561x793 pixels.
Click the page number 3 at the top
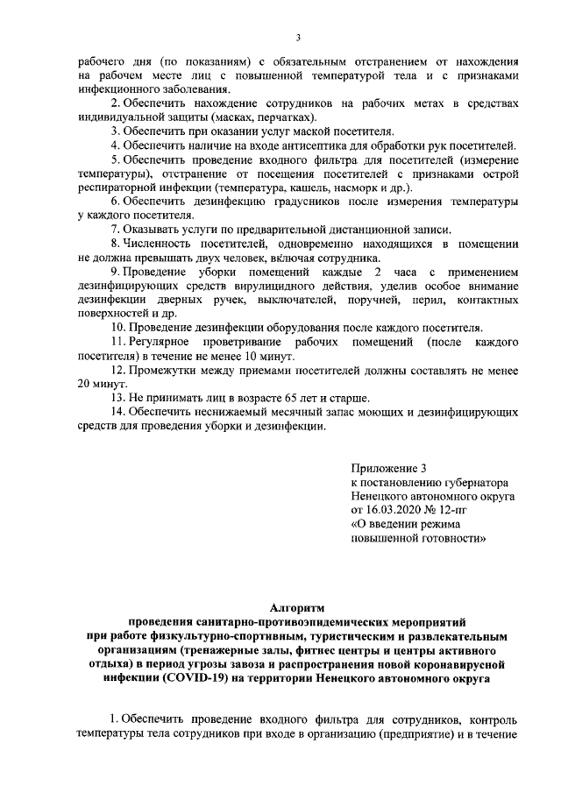click(x=297, y=36)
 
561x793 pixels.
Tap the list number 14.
click(x=112, y=412)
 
